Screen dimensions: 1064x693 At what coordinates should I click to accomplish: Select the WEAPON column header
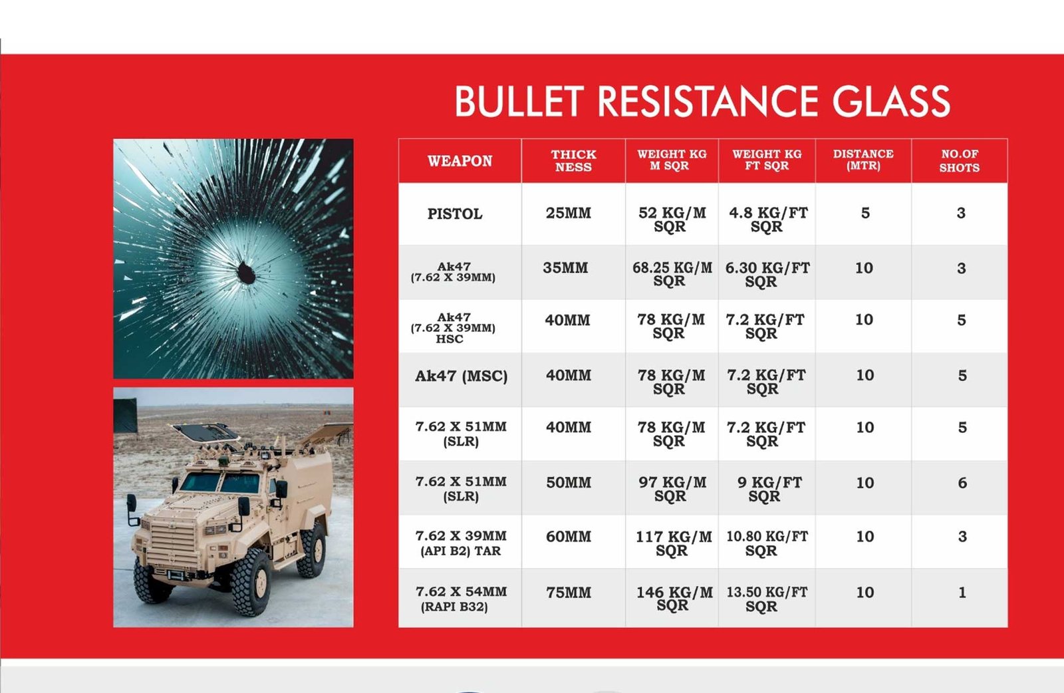coord(460,161)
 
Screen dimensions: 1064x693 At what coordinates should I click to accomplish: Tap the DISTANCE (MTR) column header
coord(863,160)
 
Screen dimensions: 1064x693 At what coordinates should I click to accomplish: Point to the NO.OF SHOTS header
coord(960,160)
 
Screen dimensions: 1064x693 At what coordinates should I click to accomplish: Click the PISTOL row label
coord(455,213)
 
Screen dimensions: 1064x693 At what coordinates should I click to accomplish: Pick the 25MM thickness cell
coord(569,213)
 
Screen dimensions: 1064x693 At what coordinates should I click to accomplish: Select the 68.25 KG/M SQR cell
coord(672,274)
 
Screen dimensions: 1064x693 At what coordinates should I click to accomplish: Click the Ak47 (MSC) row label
coord(462,376)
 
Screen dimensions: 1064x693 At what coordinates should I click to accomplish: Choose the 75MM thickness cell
coord(569,593)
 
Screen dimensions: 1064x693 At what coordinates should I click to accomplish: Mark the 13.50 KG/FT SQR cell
coord(767,599)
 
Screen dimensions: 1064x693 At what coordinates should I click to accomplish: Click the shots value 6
coord(962,483)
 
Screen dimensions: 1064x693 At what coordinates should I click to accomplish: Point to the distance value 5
coord(865,213)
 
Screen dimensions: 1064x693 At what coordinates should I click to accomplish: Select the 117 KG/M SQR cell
coord(674,543)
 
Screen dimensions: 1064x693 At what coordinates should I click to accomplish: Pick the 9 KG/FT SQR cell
coord(769,489)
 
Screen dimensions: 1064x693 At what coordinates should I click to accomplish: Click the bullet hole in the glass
coord(246,273)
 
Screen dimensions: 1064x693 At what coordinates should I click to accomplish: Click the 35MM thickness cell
coord(566,267)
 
